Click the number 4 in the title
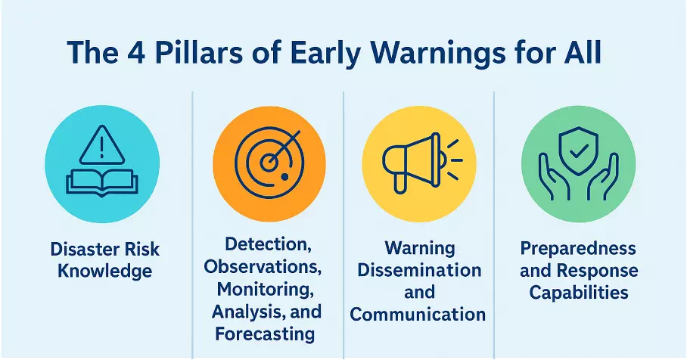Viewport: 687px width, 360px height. click(137, 52)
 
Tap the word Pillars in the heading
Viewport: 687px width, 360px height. click(198, 52)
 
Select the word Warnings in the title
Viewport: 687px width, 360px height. click(437, 54)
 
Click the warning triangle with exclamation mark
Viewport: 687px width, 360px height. click(101, 145)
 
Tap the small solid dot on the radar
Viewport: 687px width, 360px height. click(284, 176)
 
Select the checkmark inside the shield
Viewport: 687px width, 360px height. click(579, 152)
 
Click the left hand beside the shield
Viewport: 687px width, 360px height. click(554, 176)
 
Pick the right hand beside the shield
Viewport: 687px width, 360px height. click(603, 176)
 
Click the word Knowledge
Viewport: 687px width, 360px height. click(104, 271)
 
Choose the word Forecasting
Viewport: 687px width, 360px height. click(265, 334)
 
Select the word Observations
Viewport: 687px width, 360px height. click(263, 267)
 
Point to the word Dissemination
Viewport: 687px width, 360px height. click(419, 270)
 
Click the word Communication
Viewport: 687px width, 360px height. click(418, 315)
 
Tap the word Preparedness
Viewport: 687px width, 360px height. click(578, 248)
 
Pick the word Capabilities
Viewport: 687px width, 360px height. click(579, 293)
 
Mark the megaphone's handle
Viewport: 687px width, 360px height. click(400, 184)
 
